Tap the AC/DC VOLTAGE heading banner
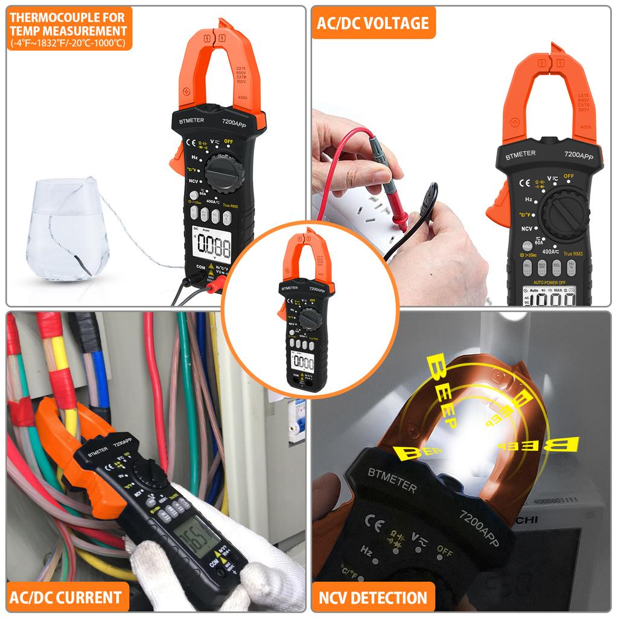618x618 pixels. coord(373,23)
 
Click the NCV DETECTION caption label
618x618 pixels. coord(373,598)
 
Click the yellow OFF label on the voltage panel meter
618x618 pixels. coord(569,176)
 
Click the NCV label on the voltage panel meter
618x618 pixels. coord(527,229)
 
